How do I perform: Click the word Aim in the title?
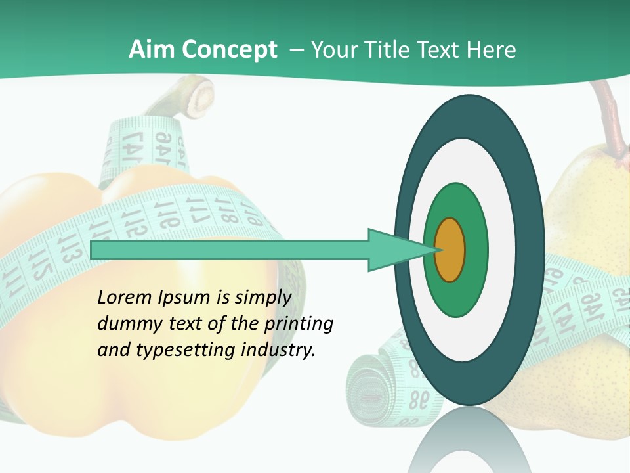tap(152, 50)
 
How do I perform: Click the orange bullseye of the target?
tap(450, 250)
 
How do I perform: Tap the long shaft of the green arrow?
tap(230, 250)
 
